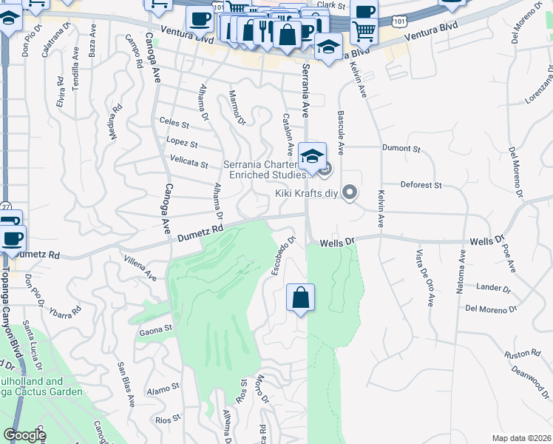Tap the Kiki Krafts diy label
click(x=307, y=194)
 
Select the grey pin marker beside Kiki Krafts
click(x=351, y=193)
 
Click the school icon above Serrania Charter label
click(x=313, y=156)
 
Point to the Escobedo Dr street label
click(x=284, y=253)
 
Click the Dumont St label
click(x=401, y=149)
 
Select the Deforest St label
click(x=421, y=184)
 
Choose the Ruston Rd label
click(x=519, y=354)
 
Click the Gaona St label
click(x=155, y=328)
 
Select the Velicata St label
click(x=189, y=162)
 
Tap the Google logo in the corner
click(x=24, y=435)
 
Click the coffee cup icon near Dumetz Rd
click(x=11, y=238)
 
